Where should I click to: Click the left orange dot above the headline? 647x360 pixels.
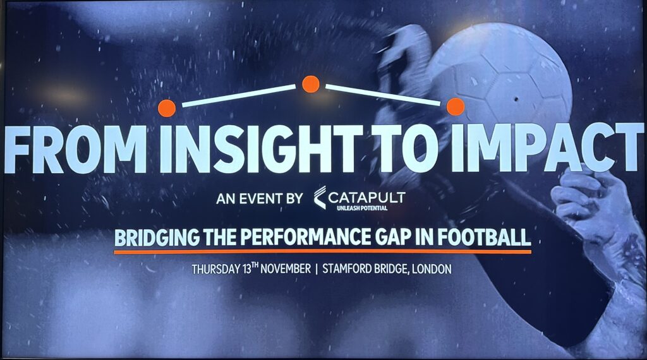click(x=167, y=108)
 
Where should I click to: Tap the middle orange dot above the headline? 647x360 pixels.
click(x=311, y=84)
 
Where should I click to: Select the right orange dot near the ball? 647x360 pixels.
click(x=455, y=106)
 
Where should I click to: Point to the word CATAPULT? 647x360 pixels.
click(x=367, y=196)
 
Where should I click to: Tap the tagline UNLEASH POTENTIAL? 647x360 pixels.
click(x=362, y=208)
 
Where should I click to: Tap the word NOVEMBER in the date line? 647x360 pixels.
click(x=286, y=269)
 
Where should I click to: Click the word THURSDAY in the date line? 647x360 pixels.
click(x=216, y=270)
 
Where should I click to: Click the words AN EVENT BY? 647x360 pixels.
click(x=260, y=199)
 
